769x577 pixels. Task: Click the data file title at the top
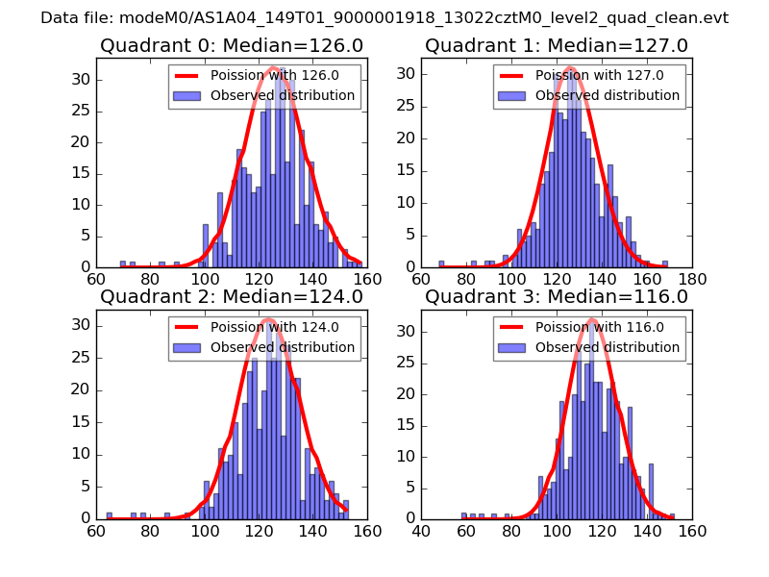(384, 17)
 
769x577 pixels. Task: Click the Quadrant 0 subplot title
(232, 45)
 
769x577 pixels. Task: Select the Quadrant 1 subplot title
(557, 45)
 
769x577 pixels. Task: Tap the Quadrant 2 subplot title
(232, 296)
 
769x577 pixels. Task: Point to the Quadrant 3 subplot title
(557, 296)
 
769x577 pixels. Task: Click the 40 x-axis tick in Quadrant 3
(421, 531)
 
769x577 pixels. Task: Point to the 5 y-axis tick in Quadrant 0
(85, 236)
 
